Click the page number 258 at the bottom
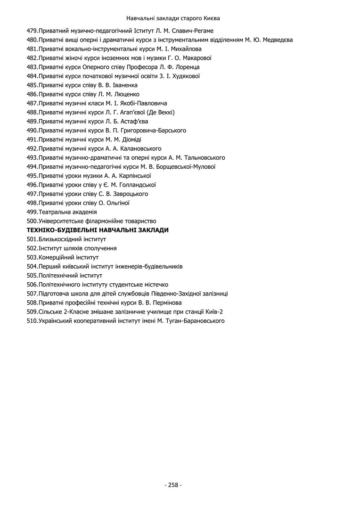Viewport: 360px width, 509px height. (x=173, y=485)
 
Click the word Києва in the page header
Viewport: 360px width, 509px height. (x=212, y=18)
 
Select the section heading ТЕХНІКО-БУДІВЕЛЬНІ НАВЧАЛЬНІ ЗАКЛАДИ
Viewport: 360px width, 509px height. (x=98, y=230)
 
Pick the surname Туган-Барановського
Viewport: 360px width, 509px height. (x=191, y=321)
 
